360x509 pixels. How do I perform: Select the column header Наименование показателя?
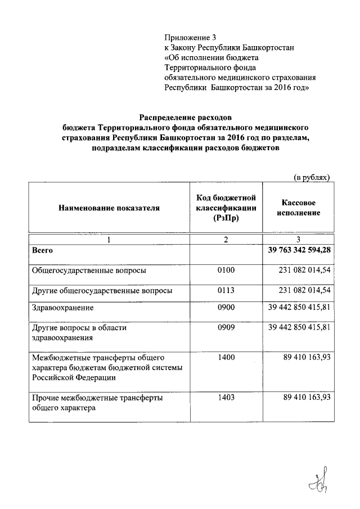[109, 208]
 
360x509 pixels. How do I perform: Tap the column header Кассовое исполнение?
[298, 208]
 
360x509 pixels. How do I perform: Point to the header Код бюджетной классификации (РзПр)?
[226, 208]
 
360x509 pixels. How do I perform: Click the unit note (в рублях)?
[312, 177]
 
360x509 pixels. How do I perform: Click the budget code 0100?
[225, 271]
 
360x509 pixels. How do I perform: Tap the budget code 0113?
[225, 291]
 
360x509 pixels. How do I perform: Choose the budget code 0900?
[225, 308]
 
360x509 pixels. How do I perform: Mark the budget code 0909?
[225, 327]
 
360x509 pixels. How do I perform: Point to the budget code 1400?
[225, 357]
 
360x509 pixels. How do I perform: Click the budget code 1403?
[225, 398]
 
